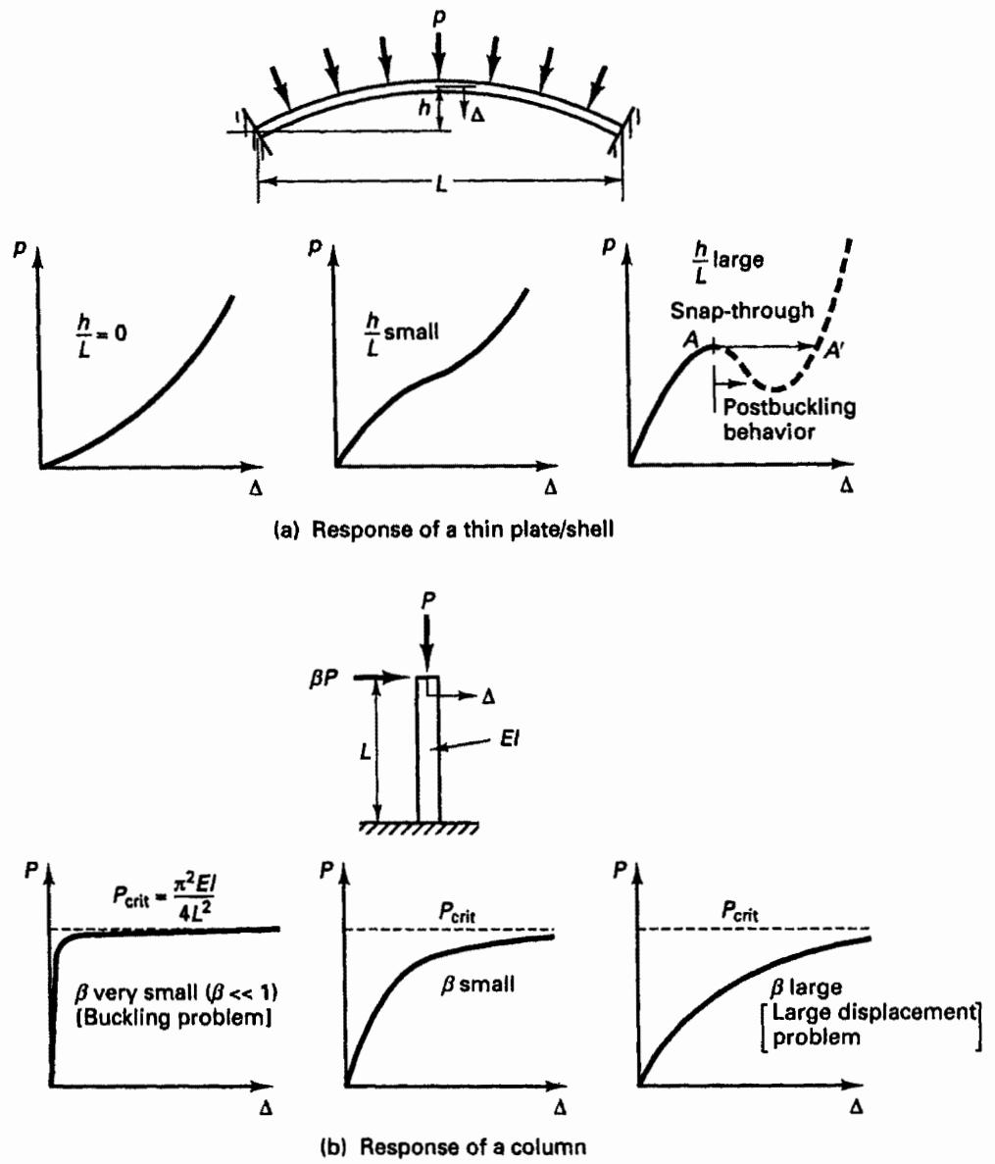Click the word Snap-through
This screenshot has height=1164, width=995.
pos(741,310)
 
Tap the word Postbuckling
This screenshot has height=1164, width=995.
pos(789,407)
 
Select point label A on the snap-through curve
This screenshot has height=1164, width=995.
pos(691,339)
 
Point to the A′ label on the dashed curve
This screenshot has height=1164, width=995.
pos(834,350)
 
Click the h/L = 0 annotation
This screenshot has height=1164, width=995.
pos(102,334)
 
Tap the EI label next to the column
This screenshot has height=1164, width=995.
pos(508,739)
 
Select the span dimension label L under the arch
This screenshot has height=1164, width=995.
pos(441,182)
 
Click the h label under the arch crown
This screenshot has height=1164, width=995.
pos(423,108)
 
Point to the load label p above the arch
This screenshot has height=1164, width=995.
pos(439,18)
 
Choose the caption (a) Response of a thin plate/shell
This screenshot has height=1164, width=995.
pos(444,530)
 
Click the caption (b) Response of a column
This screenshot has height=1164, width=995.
pos(453,1146)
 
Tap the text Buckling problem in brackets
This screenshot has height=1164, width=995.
pos(174,1016)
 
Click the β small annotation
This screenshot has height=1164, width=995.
pos(477,985)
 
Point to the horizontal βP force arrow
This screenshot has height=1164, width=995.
pos(381,677)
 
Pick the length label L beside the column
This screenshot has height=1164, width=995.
pos(365,751)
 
